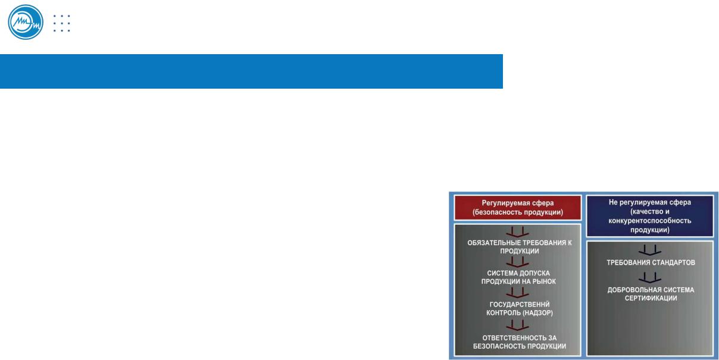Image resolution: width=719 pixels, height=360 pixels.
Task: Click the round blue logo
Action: (x=26, y=22)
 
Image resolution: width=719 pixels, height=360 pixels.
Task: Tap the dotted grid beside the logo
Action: (x=62, y=23)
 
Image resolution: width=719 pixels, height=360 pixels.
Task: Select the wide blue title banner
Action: (x=251, y=71)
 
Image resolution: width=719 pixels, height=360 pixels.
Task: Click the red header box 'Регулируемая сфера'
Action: (x=518, y=208)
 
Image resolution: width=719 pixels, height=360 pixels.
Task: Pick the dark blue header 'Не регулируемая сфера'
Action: (x=650, y=216)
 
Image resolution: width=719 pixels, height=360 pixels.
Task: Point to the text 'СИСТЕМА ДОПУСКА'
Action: (x=518, y=273)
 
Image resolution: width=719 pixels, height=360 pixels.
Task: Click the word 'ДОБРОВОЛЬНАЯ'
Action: (x=635, y=290)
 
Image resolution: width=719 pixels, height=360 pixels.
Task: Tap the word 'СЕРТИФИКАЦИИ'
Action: (x=651, y=298)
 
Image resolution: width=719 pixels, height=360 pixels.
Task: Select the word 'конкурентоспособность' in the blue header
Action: (x=650, y=221)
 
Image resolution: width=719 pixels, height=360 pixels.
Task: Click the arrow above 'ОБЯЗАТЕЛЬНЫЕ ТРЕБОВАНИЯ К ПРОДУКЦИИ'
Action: (x=517, y=232)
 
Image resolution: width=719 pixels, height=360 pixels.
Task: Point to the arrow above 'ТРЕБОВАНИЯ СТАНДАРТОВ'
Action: (x=650, y=251)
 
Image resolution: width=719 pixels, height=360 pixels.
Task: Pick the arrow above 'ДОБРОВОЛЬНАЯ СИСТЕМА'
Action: (x=650, y=277)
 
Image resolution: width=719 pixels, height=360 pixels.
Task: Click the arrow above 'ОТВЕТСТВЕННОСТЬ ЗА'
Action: (x=517, y=325)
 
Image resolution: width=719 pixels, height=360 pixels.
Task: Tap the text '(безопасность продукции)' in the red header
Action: (x=518, y=212)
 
